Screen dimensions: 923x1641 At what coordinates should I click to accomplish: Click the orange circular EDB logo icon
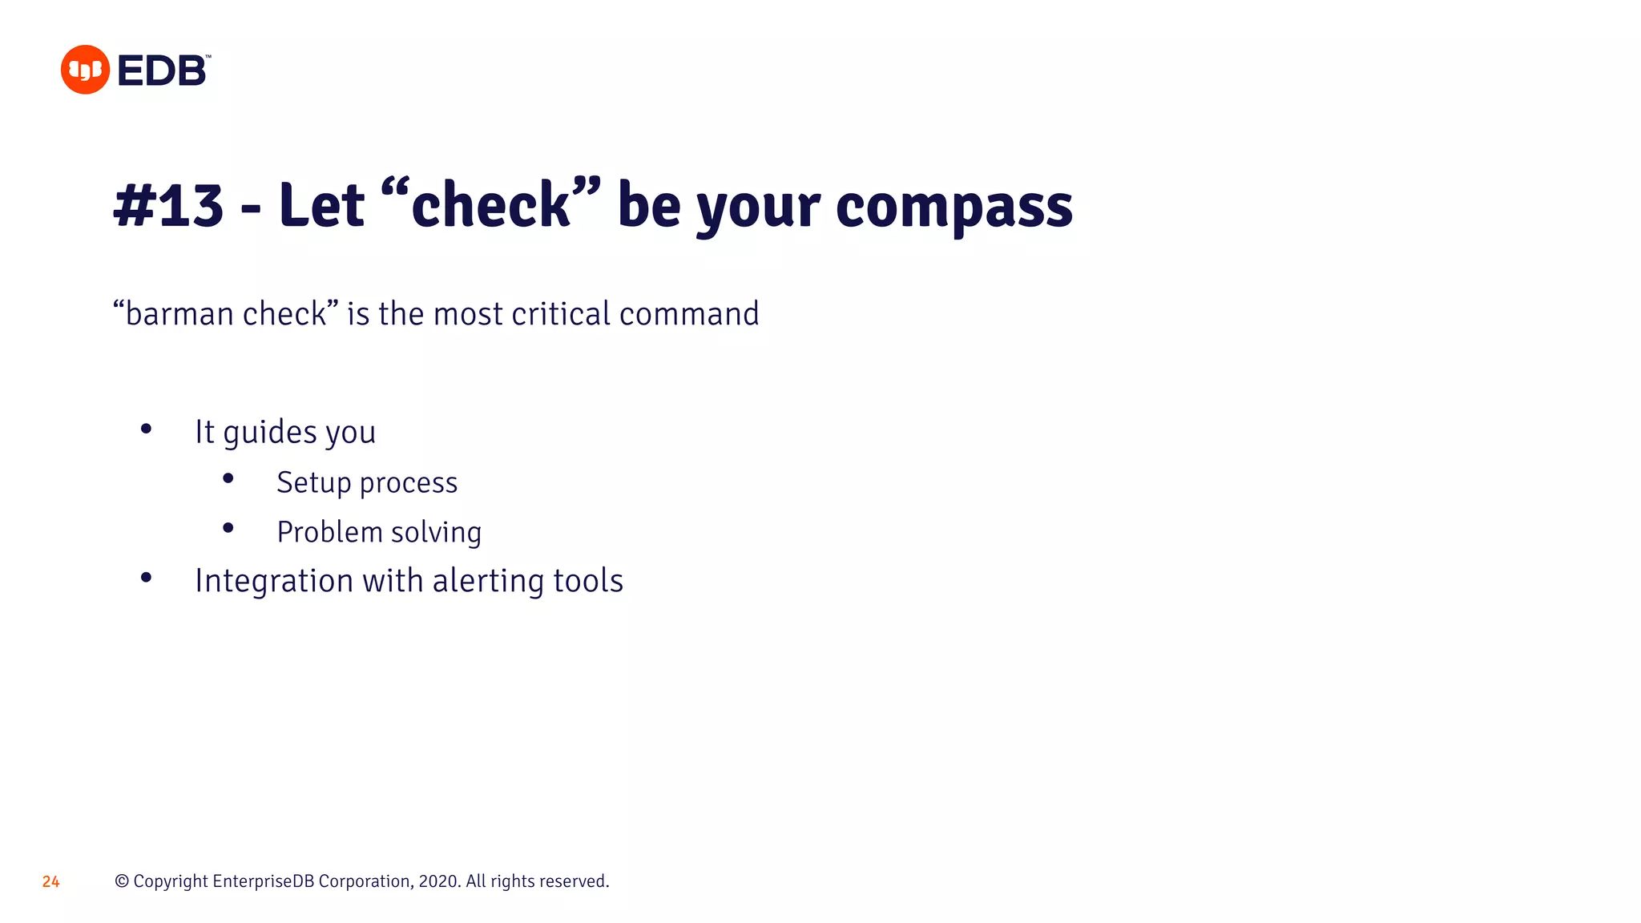[x=85, y=70]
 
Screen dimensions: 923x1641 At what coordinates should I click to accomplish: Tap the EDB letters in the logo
[x=163, y=71]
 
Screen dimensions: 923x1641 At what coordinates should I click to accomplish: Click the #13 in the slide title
[x=168, y=206]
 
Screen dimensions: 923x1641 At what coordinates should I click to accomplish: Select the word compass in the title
[x=954, y=206]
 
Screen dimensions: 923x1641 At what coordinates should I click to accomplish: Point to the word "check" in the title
[x=490, y=205]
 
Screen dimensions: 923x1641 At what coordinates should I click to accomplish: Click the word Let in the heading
[x=321, y=205]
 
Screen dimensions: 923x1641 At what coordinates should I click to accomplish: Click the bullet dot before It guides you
[x=146, y=429]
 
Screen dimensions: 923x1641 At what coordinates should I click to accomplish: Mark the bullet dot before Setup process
[x=228, y=478]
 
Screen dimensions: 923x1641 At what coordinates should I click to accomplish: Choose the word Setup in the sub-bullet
[x=313, y=483]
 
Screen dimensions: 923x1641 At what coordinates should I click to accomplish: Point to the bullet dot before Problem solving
[x=228, y=528]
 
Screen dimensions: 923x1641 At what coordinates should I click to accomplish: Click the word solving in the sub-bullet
[x=436, y=533]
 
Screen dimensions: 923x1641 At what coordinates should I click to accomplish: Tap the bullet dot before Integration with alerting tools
[x=146, y=577]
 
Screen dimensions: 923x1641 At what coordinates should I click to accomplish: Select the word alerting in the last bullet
[x=488, y=581]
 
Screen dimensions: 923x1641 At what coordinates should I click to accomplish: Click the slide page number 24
[x=51, y=882]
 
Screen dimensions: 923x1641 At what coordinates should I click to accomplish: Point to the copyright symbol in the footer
[x=122, y=881]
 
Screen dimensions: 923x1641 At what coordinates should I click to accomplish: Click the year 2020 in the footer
[x=438, y=881]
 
